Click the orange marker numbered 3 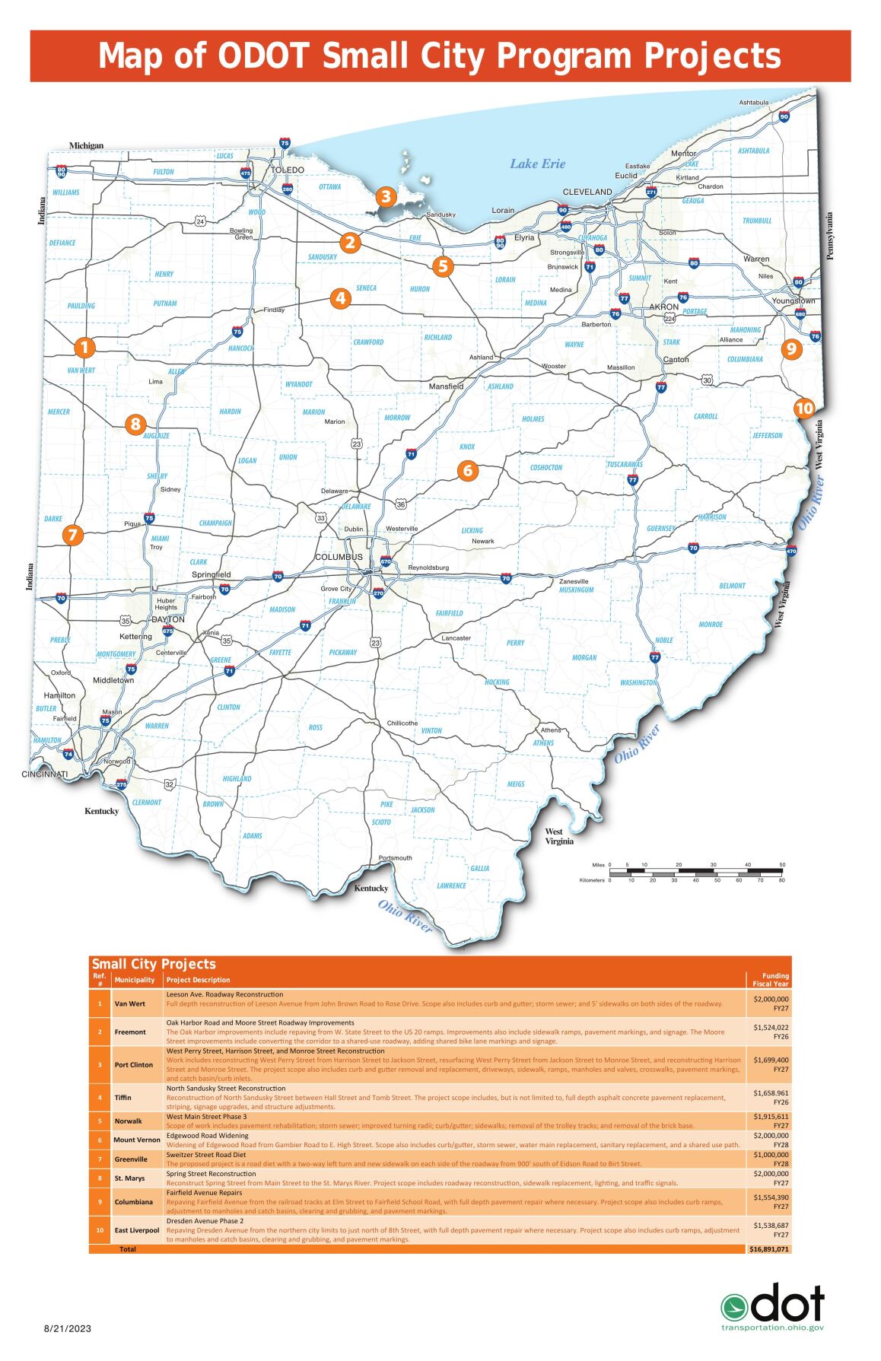386,197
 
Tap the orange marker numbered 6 467,470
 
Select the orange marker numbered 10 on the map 804,409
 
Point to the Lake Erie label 537,164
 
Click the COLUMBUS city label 339,557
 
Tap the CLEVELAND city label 587,192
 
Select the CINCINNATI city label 44,774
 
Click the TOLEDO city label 288,170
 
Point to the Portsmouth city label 395,858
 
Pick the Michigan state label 86,145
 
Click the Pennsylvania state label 830,236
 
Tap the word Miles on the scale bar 598,865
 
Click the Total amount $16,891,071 768,1249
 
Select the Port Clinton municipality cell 134,1065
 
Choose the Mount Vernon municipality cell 137,1140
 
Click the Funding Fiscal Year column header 770,980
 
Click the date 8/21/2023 67,1328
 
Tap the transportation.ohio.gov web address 772,1328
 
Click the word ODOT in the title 263,56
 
